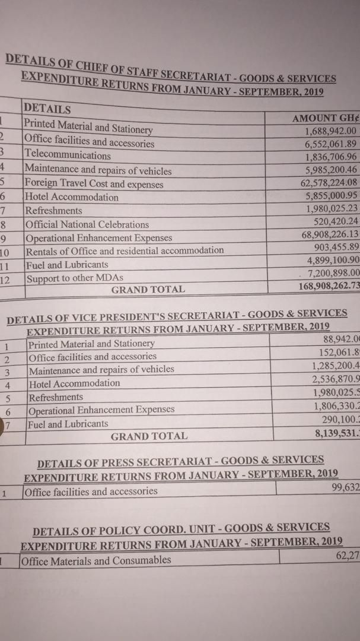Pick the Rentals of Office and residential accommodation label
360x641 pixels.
(x=124, y=250)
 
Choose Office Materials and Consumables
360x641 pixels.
(x=96, y=560)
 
